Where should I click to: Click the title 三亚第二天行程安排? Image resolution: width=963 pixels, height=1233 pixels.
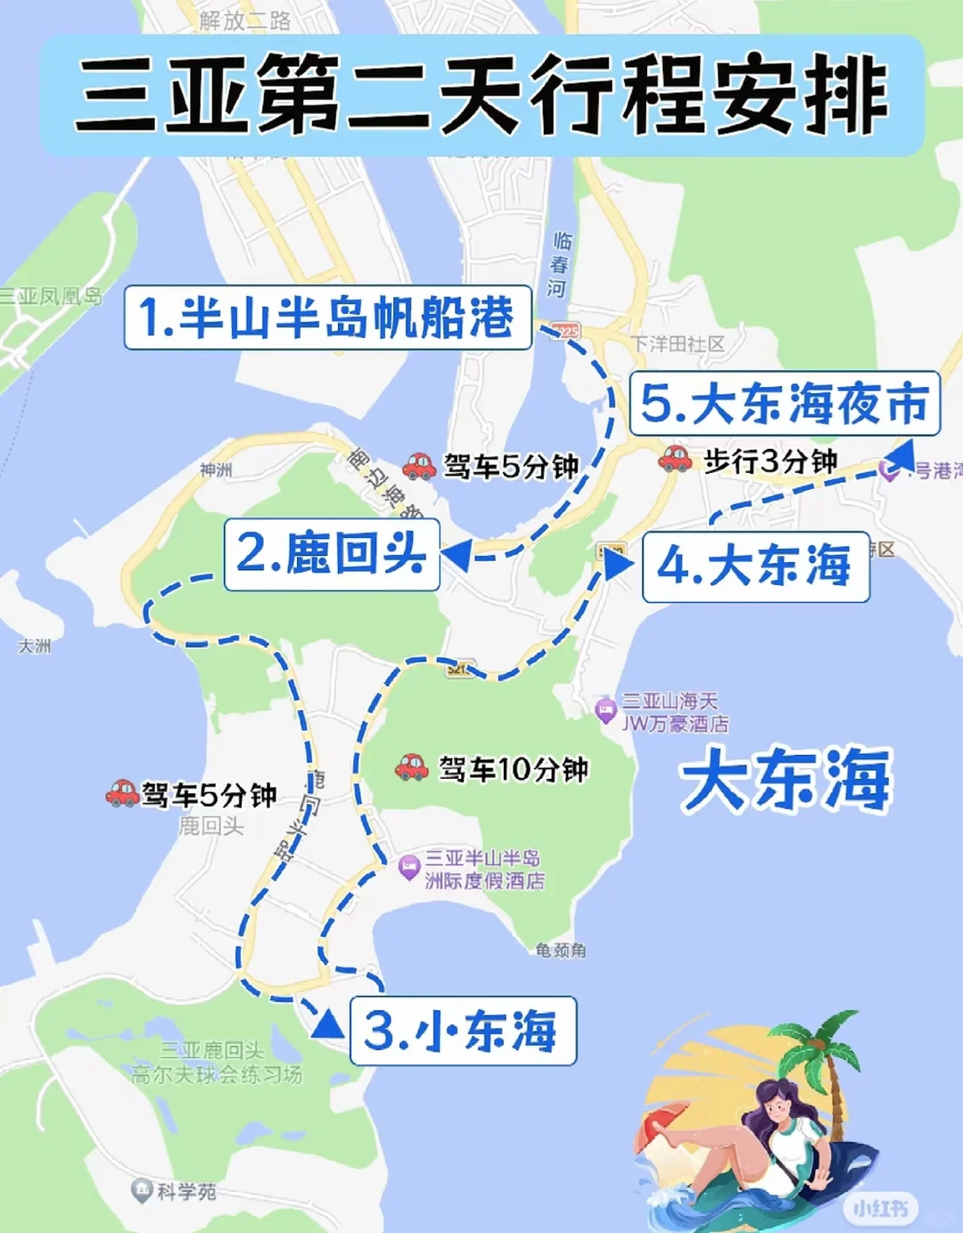pyautogui.click(x=481, y=95)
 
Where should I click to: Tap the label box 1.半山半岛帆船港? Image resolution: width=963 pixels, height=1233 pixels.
pyautogui.click(x=327, y=317)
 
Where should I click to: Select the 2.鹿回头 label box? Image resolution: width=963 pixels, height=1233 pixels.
pyautogui.click(x=332, y=554)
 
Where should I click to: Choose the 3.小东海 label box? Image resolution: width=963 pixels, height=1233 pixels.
pyautogui.click(x=463, y=1030)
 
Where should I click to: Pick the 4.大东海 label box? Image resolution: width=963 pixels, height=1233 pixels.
pyautogui.click(x=755, y=567)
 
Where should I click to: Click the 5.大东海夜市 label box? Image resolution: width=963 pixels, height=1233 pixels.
pyautogui.click(x=785, y=403)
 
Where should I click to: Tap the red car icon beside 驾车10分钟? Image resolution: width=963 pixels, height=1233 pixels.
pyautogui.click(x=412, y=767)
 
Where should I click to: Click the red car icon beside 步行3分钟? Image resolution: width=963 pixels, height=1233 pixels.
pyautogui.click(x=675, y=459)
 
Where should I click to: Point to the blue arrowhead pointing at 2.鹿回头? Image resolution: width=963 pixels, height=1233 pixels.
pyautogui.click(x=456, y=556)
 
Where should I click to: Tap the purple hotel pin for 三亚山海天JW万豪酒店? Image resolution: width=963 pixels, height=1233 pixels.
pyautogui.click(x=605, y=710)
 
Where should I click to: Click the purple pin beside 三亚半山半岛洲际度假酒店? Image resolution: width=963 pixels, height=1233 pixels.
pyautogui.click(x=408, y=866)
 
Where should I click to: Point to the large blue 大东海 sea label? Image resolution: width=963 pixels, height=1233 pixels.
pyautogui.click(x=786, y=780)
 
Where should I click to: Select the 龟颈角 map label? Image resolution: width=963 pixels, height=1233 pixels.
pyautogui.click(x=561, y=950)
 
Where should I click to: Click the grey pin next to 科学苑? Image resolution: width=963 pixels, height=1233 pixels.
pyautogui.click(x=141, y=1190)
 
